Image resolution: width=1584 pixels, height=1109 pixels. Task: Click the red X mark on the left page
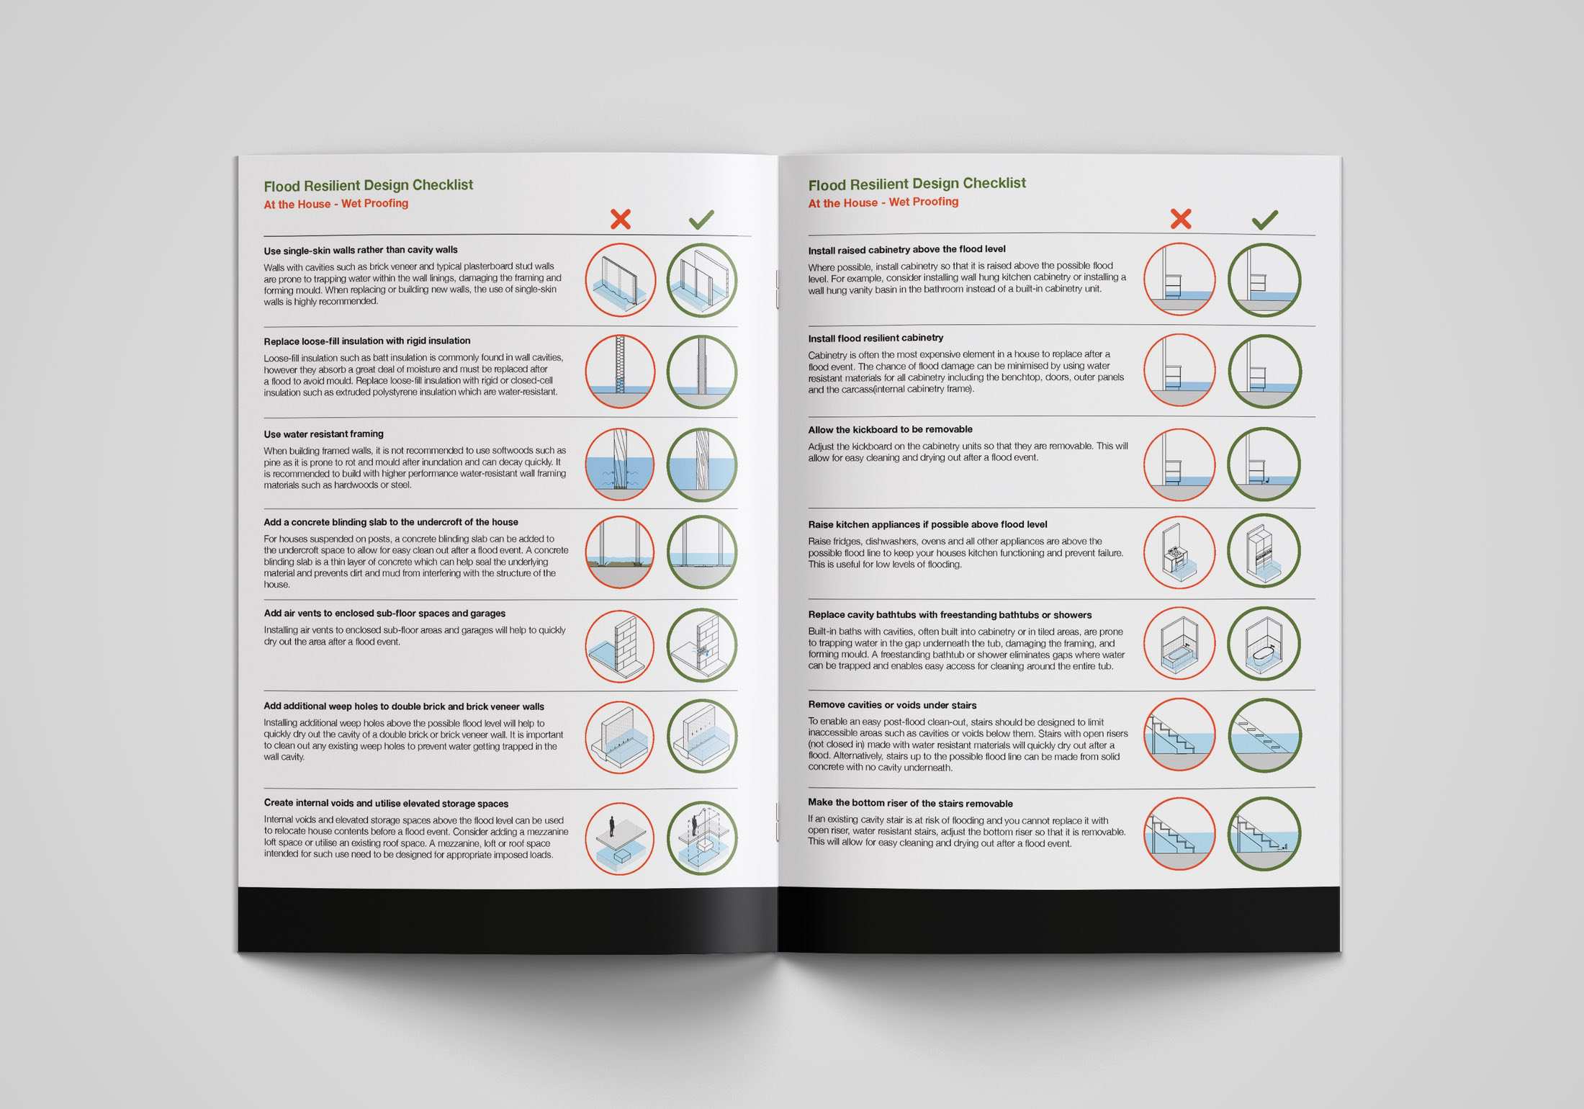tap(621, 219)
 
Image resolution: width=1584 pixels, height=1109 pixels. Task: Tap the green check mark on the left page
tap(701, 220)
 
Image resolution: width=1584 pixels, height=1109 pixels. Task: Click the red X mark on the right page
tap(1181, 219)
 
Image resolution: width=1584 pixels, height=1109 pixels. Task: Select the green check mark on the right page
tap(1265, 220)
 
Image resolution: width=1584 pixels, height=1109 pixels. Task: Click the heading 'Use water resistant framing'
tap(323, 434)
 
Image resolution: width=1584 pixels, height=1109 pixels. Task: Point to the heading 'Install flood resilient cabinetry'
tap(876, 338)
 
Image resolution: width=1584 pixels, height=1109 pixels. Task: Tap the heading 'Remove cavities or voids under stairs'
tap(892, 705)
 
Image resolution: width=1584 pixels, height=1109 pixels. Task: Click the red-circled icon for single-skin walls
tap(620, 280)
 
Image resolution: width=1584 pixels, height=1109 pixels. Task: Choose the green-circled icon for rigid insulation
tap(702, 372)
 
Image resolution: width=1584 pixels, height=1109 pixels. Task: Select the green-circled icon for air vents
tap(702, 645)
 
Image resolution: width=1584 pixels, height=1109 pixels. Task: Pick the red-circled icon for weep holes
tap(620, 737)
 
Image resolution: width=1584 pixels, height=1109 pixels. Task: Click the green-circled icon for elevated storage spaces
tap(702, 838)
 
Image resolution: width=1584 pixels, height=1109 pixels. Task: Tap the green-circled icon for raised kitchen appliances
tap(1264, 551)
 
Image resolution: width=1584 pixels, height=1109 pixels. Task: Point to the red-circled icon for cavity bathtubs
tap(1180, 643)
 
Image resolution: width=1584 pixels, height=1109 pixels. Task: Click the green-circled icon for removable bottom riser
tap(1264, 833)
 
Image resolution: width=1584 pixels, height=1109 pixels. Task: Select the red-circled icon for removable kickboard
tap(1180, 464)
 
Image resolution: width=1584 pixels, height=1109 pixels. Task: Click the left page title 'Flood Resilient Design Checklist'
tap(369, 186)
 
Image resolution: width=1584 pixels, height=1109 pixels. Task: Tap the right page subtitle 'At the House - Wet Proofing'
tap(883, 202)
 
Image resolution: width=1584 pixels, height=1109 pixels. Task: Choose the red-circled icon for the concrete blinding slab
tap(620, 552)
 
